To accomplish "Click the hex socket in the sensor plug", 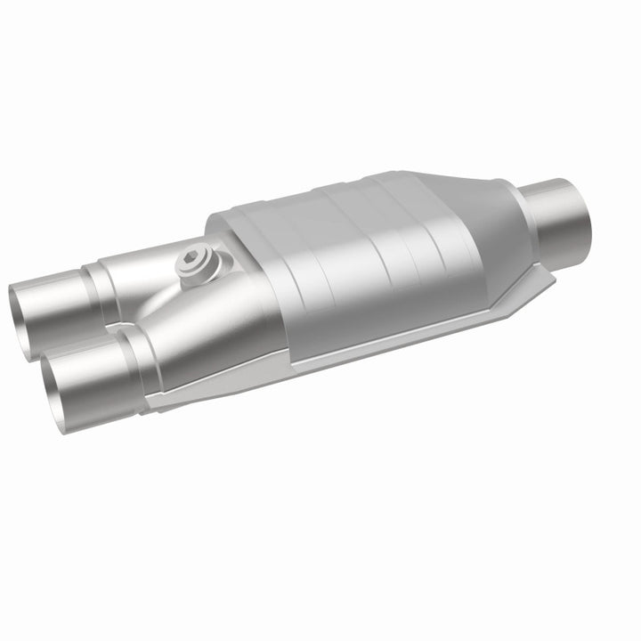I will click(x=193, y=262).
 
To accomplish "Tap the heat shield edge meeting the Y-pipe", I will click(x=267, y=294).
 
